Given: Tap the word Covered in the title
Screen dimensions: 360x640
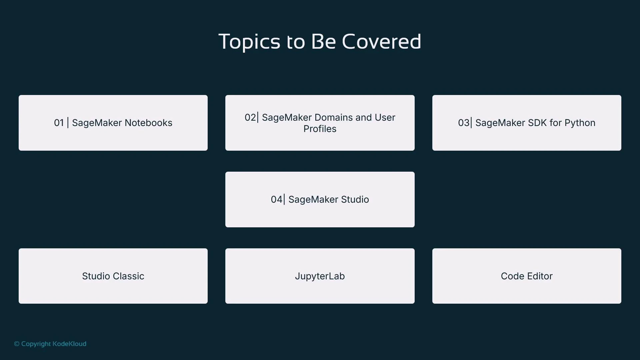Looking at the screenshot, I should (x=381, y=42).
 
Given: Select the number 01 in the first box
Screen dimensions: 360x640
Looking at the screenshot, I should (x=59, y=123).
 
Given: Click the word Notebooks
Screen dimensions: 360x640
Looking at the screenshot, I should (x=148, y=123).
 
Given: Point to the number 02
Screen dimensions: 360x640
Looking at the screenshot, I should (x=250, y=117).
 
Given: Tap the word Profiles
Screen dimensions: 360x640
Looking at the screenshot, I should (x=320, y=129).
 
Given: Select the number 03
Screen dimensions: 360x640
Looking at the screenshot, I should (x=463, y=123).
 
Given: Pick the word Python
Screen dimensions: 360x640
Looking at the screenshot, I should (x=580, y=123).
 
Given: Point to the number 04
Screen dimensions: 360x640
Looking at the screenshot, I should (x=276, y=200).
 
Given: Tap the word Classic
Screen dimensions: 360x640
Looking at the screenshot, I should (x=128, y=276).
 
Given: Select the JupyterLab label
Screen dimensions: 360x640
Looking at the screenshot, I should (x=320, y=276).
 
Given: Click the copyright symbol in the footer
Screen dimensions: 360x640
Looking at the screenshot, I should (x=17, y=344).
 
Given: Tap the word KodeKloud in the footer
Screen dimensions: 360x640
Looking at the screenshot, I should (x=69, y=344).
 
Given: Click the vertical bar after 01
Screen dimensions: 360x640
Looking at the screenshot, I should (x=68, y=123).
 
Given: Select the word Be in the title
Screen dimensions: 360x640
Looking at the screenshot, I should (x=323, y=42).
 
